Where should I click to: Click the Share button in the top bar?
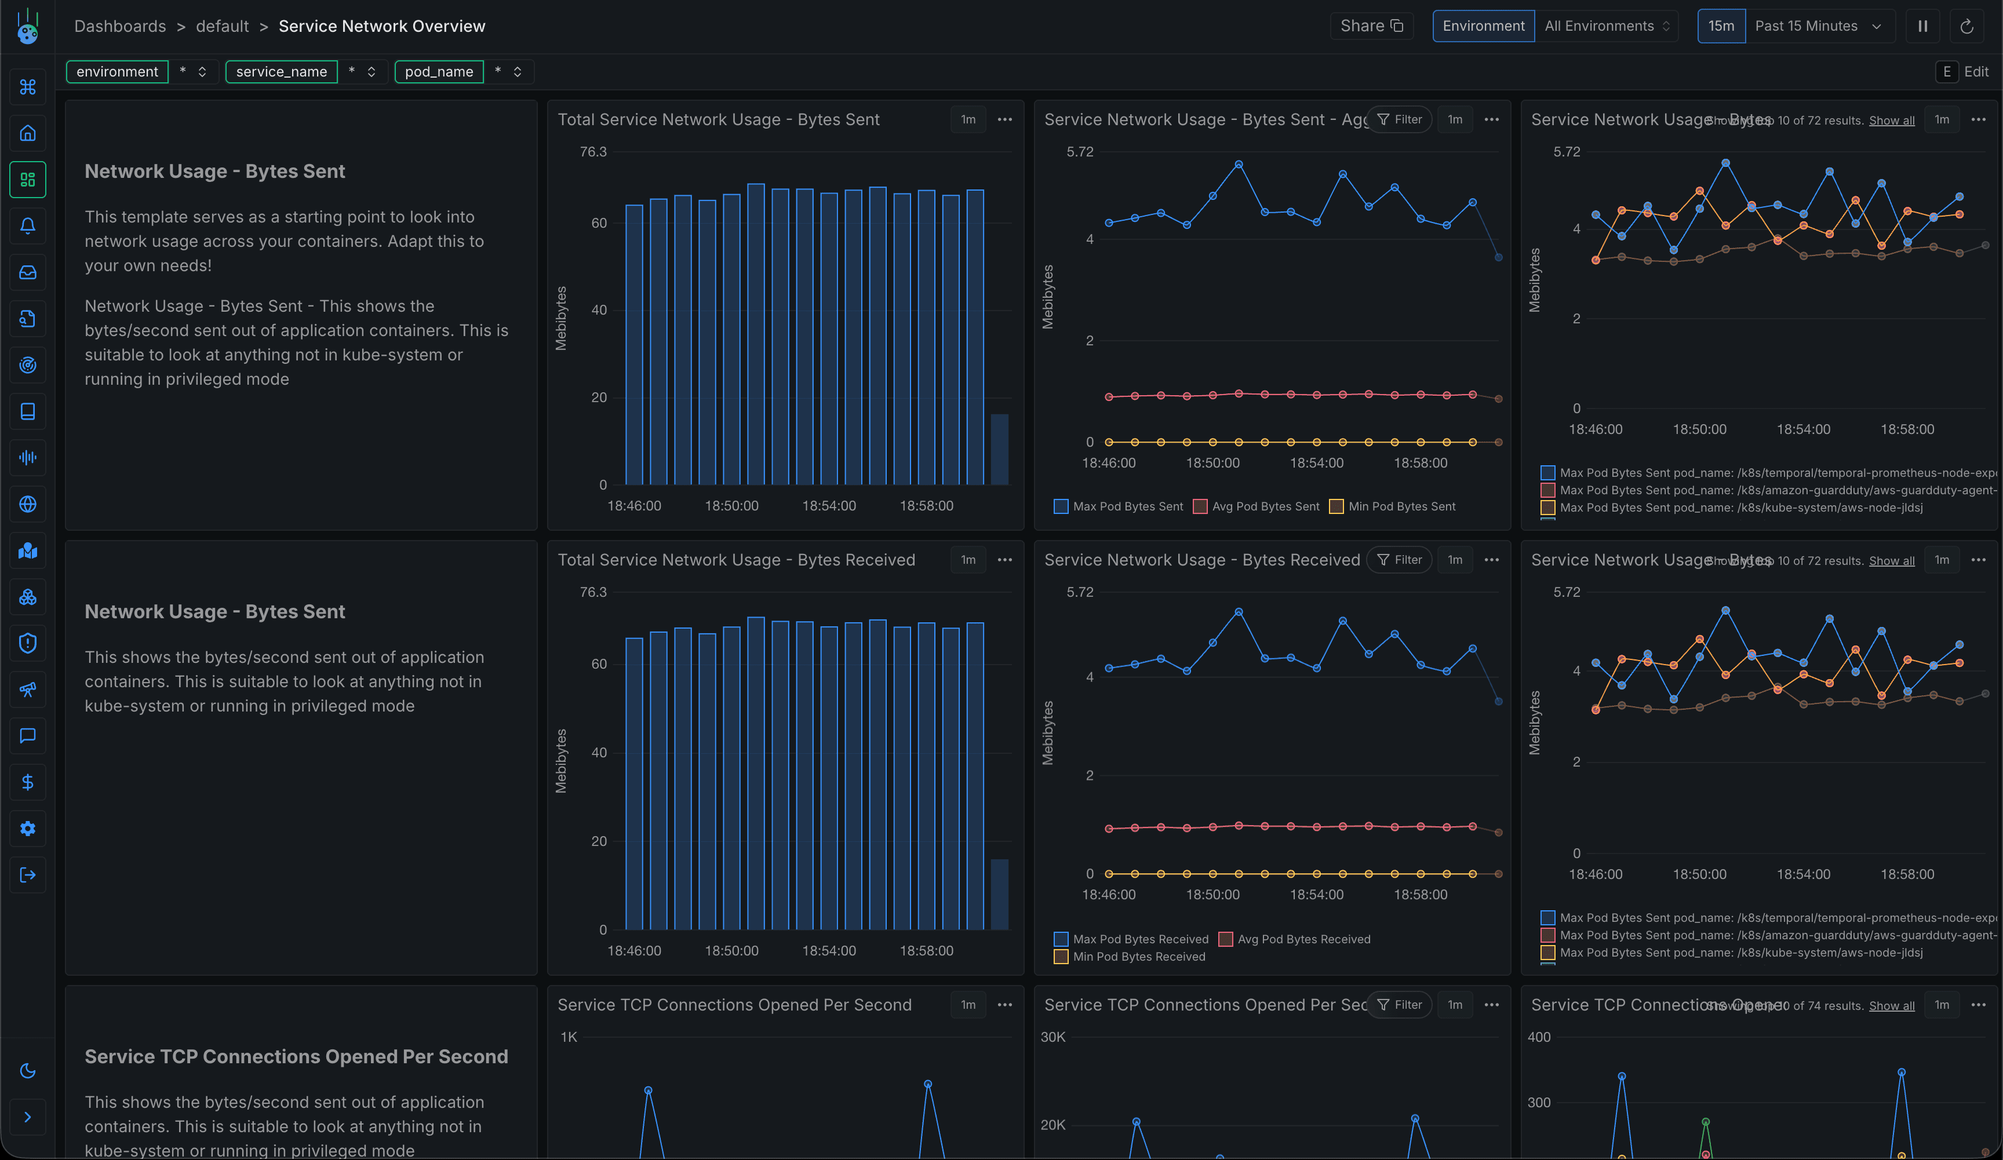(x=1371, y=26)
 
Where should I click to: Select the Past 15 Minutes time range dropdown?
(x=1817, y=26)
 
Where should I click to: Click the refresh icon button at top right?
(x=1966, y=26)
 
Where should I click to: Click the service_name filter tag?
(x=281, y=71)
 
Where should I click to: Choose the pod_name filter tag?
(x=439, y=71)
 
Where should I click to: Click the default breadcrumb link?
(x=222, y=26)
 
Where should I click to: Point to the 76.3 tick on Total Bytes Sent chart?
(x=593, y=152)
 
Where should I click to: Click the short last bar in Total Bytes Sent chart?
(x=999, y=449)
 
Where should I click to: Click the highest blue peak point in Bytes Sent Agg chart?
(x=1239, y=165)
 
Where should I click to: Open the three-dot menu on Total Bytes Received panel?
(x=1004, y=560)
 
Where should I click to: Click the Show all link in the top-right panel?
(x=1891, y=121)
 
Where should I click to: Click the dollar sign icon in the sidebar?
(x=28, y=783)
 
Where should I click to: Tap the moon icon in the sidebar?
(x=28, y=1071)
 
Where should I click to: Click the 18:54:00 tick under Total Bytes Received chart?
(x=828, y=950)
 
